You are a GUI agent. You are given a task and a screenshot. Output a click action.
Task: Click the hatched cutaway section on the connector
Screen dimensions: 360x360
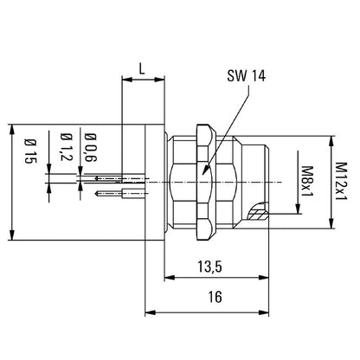(258, 213)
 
